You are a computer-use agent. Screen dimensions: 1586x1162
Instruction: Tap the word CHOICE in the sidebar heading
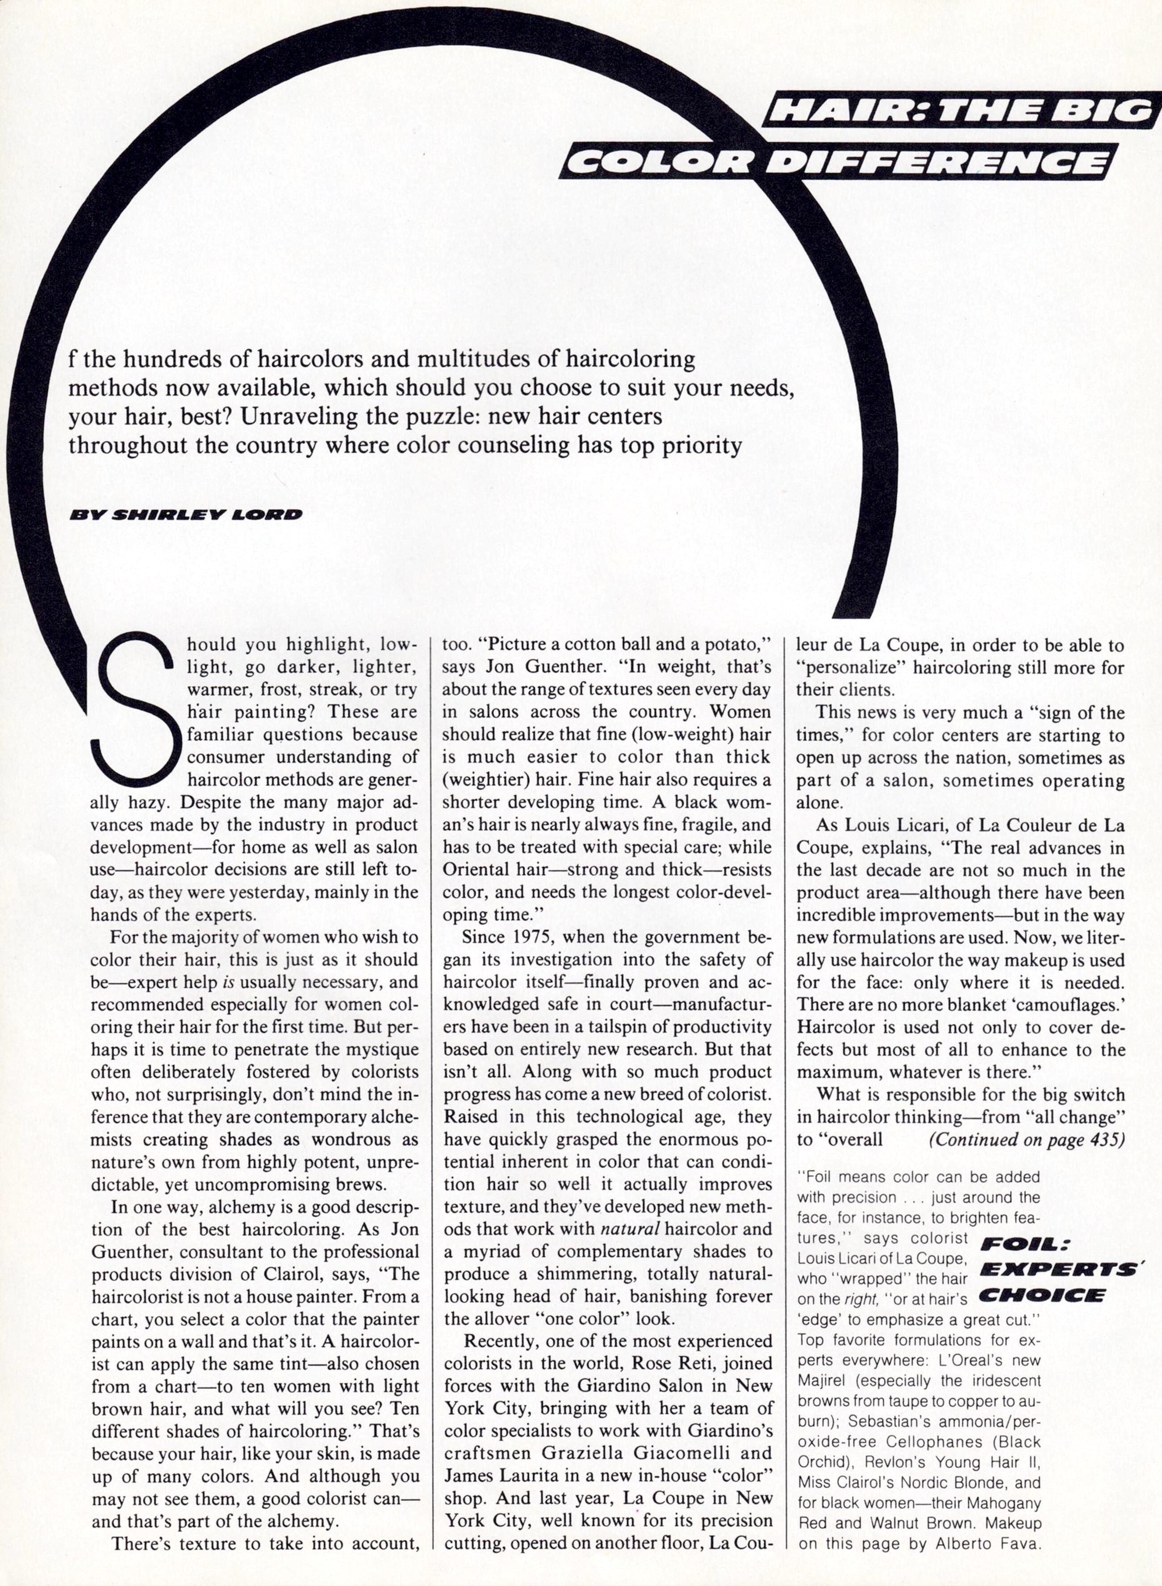pyautogui.click(x=1042, y=1295)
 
